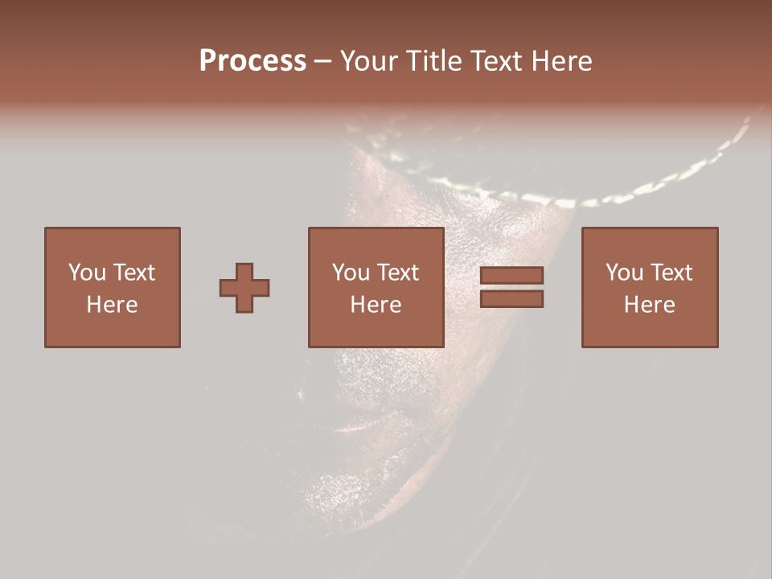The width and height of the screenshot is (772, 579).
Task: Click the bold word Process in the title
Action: [x=253, y=61]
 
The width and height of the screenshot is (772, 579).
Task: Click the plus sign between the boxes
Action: [x=244, y=288]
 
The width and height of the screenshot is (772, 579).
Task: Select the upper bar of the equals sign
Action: [x=511, y=275]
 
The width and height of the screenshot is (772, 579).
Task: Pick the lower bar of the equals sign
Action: [x=511, y=299]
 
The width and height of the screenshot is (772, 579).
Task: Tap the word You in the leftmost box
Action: [x=87, y=273]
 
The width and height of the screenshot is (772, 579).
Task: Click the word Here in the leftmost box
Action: [x=112, y=305]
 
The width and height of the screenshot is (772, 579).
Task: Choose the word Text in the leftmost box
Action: [x=133, y=273]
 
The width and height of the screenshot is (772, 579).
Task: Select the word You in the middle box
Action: [x=351, y=273]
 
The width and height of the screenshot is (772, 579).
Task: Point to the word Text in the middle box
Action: [x=397, y=273]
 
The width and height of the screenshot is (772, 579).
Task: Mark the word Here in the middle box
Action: [x=376, y=305]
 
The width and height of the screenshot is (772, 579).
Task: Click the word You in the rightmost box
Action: [x=624, y=273]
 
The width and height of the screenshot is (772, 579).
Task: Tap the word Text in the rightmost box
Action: [x=671, y=273]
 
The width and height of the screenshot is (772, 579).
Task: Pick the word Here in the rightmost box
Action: [x=649, y=305]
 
